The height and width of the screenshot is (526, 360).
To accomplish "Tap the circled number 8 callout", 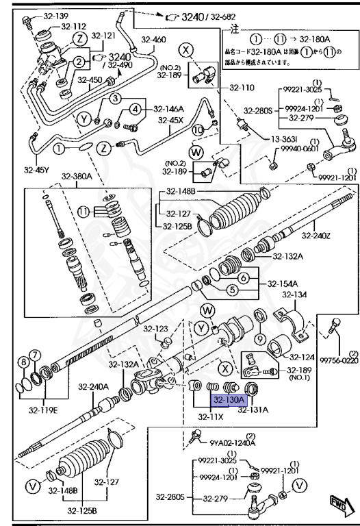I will (24, 362).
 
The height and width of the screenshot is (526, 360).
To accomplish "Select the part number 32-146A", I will (168, 108).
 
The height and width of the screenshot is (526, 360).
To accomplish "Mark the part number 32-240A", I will (90, 386).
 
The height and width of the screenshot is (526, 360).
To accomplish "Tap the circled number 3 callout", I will (116, 99).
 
